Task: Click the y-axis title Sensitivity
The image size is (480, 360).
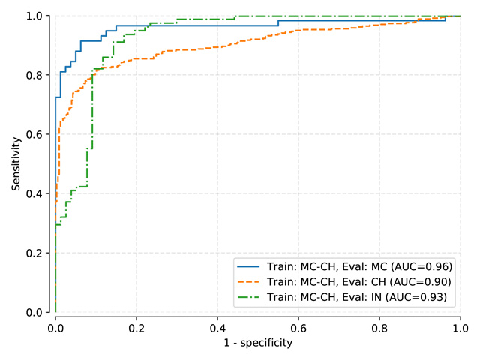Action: point(15,163)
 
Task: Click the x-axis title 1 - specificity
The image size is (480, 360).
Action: point(258,343)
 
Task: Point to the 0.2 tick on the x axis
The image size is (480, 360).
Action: point(136,328)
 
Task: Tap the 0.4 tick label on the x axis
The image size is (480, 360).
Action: point(217,328)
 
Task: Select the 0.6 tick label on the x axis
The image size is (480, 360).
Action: point(298,328)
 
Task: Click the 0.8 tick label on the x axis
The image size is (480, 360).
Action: point(379,328)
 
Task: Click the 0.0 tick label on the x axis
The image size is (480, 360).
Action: point(55,328)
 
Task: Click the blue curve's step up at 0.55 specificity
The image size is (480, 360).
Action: point(278,23)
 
